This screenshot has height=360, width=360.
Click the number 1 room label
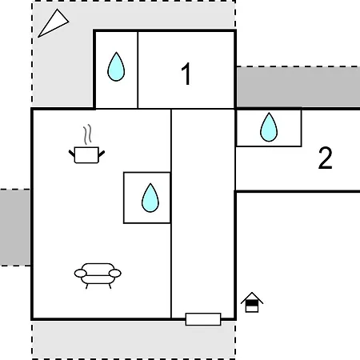tap(186, 74)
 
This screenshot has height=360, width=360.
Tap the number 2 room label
tap(326, 158)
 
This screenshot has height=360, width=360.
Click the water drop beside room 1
tap(116, 66)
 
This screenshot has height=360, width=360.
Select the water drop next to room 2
tap(269, 127)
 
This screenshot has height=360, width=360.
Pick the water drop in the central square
tap(150, 198)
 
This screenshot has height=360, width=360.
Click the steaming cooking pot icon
tap(86, 144)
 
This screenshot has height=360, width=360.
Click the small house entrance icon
tap(252, 302)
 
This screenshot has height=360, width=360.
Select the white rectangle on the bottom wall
tap(203, 319)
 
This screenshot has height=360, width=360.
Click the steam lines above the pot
tap(87, 134)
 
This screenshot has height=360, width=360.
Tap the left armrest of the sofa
tap(80, 274)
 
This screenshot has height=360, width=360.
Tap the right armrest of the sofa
tap(115, 274)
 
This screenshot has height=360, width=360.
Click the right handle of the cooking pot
tap(102, 154)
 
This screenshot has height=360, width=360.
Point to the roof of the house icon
tap(252, 297)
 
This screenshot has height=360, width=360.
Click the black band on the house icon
tap(252, 303)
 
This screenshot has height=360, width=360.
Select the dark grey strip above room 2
tap(298, 87)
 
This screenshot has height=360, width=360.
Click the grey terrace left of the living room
tap(15, 227)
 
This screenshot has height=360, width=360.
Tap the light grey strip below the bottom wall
tap(134, 340)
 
